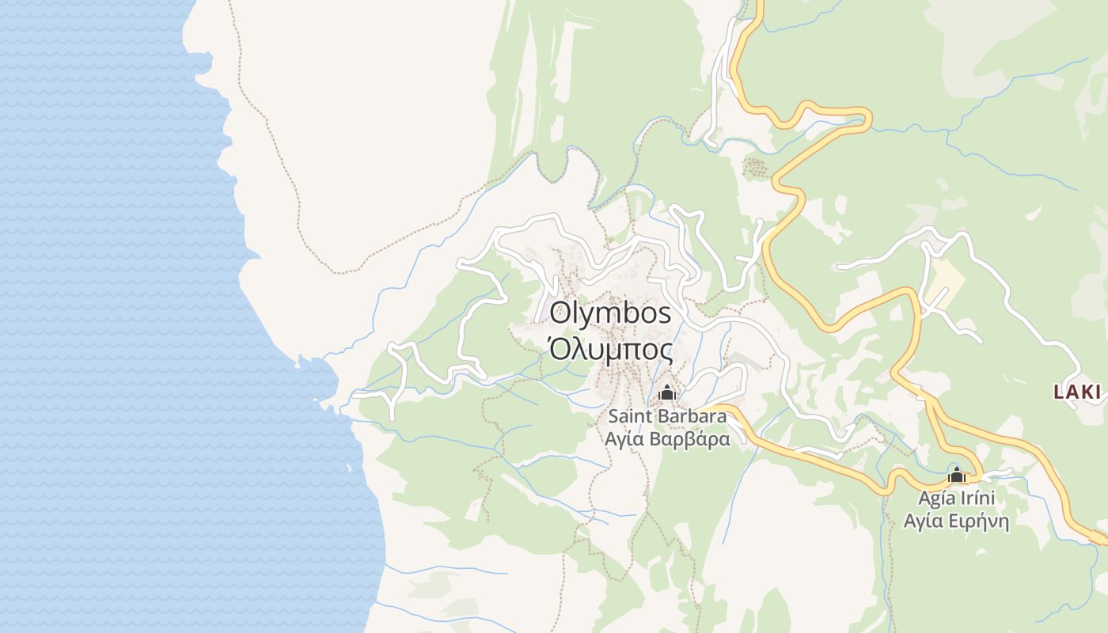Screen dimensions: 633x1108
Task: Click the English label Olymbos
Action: [610, 313]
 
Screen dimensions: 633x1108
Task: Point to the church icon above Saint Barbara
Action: [667, 392]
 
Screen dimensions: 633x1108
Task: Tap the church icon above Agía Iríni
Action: [957, 476]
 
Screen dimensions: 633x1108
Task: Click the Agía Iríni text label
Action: [956, 499]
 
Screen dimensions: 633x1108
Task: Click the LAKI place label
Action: [1077, 391]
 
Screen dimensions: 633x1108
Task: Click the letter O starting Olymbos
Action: [560, 313]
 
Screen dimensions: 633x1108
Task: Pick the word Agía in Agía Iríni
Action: [935, 499]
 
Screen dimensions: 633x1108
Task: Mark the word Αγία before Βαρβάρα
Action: [623, 438]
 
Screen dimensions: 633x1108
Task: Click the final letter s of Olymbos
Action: [664, 314]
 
